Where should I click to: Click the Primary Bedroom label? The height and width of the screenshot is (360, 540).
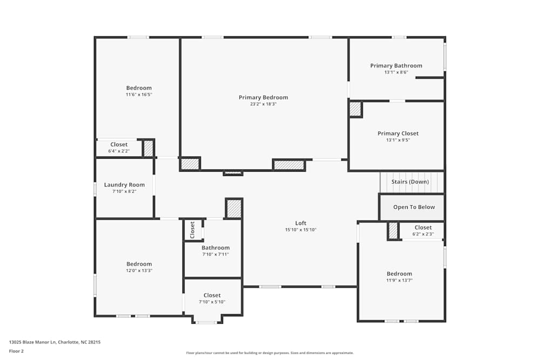264,98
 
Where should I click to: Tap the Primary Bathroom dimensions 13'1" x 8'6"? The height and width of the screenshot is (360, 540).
396,72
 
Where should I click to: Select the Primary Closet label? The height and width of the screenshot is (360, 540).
398,133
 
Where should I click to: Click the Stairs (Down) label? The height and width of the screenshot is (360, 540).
410,182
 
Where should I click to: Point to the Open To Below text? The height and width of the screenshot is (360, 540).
414,207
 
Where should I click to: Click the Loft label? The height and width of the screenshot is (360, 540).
301,223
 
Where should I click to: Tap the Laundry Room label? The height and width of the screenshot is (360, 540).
124,185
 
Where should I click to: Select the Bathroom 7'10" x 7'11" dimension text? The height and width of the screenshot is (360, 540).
215,254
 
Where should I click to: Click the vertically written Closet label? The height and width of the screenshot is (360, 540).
193,230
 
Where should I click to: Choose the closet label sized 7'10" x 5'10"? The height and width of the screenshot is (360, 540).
212,295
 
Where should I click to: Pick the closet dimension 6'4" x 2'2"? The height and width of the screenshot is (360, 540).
119,151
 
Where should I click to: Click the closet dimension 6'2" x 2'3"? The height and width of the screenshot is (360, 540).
423,234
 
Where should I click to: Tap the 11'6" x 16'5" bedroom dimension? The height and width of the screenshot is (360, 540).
139,94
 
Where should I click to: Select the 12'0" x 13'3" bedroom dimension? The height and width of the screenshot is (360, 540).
139,270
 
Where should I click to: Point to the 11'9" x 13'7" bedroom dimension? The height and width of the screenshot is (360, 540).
399,280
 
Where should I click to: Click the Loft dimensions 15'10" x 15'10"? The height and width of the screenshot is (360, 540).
301,230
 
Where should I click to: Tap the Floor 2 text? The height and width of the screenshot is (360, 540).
16,351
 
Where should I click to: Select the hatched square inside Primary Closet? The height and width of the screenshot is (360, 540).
355,109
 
